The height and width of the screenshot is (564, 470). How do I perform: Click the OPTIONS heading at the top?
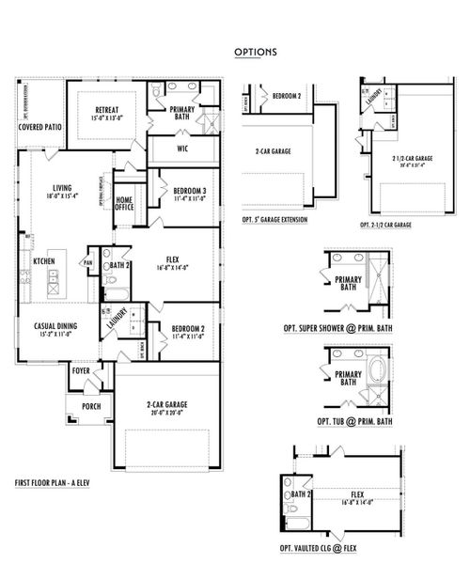(255, 53)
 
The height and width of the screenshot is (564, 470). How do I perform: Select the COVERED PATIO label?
(41, 125)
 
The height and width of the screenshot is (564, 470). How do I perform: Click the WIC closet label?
(184, 149)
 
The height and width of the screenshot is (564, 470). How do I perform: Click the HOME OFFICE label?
(124, 204)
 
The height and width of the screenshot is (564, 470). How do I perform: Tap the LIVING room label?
(63, 190)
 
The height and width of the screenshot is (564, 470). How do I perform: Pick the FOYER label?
(82, 371)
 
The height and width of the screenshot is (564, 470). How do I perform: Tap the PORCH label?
(90, 405)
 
